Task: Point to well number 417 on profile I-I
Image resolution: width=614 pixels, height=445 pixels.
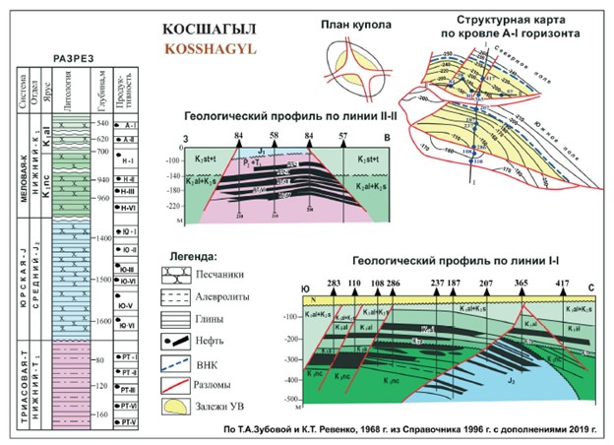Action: (x=562, y=282)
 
